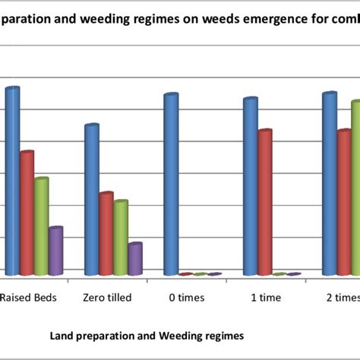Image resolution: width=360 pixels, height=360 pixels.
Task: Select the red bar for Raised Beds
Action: pyautogui.click(x=27, y=213)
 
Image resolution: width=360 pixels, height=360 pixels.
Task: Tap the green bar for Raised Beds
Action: pyautogui.click(x=41, y=226)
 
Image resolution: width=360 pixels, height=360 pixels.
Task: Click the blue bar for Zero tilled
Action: pyautogui.click(x=91, y=199)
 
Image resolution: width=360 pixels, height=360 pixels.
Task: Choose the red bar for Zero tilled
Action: pyautogui.click(x=106, y=233)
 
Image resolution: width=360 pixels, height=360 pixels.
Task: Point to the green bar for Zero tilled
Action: pyautogui.click(x=120, y=237)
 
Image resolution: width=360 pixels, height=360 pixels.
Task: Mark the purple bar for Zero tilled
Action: pyautogui.click(x=134, y=258)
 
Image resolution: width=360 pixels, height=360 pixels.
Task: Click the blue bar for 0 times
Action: pyautogui.click(x=171, y=184)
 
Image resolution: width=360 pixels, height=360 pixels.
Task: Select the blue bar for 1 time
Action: pyautogui.click(x=250, y=186)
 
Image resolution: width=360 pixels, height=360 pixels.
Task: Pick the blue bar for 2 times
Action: pyautogui.click(x=329, y=183)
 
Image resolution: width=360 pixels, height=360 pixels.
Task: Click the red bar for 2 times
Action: pyautogui.click(x=343, y=202)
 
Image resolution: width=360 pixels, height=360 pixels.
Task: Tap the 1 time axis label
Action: pyautogui.click(x=265, y=297)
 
